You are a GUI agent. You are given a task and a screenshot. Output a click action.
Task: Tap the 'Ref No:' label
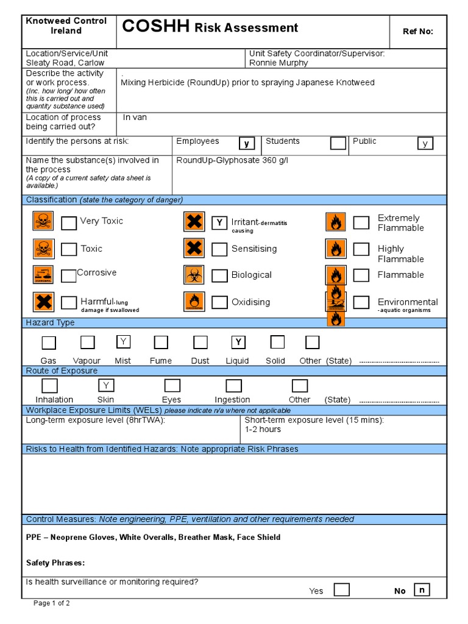coord(418,32)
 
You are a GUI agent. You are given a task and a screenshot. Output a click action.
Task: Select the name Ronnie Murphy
coord(278,63)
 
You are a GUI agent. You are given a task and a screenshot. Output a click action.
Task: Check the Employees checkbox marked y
coord(247,144)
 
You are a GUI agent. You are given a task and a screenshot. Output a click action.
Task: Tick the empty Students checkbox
coord(338,143)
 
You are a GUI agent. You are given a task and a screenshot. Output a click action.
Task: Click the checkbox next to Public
coord(425,144)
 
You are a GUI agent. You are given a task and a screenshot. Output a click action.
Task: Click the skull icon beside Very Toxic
coord(43,221)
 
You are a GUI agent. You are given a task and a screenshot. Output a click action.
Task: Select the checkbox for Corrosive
coord(69,275)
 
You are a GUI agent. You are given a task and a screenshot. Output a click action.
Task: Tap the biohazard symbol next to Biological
coord(194,275)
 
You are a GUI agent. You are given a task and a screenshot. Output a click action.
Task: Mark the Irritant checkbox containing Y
coord(219,222)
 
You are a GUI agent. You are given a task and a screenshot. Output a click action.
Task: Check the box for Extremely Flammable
coord(361,222)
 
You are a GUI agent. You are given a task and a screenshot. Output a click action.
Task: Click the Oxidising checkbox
coord(219,302)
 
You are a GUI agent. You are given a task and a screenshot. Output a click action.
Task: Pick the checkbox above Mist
coord(123,341)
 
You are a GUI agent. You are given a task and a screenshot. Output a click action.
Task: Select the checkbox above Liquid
coord(238,341)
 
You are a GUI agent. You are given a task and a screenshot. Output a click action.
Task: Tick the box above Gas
coord(49,342)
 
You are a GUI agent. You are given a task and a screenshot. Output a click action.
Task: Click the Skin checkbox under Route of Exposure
coord(106,385)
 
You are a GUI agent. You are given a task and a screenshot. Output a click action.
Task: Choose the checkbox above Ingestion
coord(233,386)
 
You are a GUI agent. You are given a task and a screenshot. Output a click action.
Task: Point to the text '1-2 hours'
coord(263,429)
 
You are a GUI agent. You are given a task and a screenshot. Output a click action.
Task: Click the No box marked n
coord(422,589)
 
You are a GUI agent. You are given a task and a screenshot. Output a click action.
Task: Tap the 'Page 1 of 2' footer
coord(52,603)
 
